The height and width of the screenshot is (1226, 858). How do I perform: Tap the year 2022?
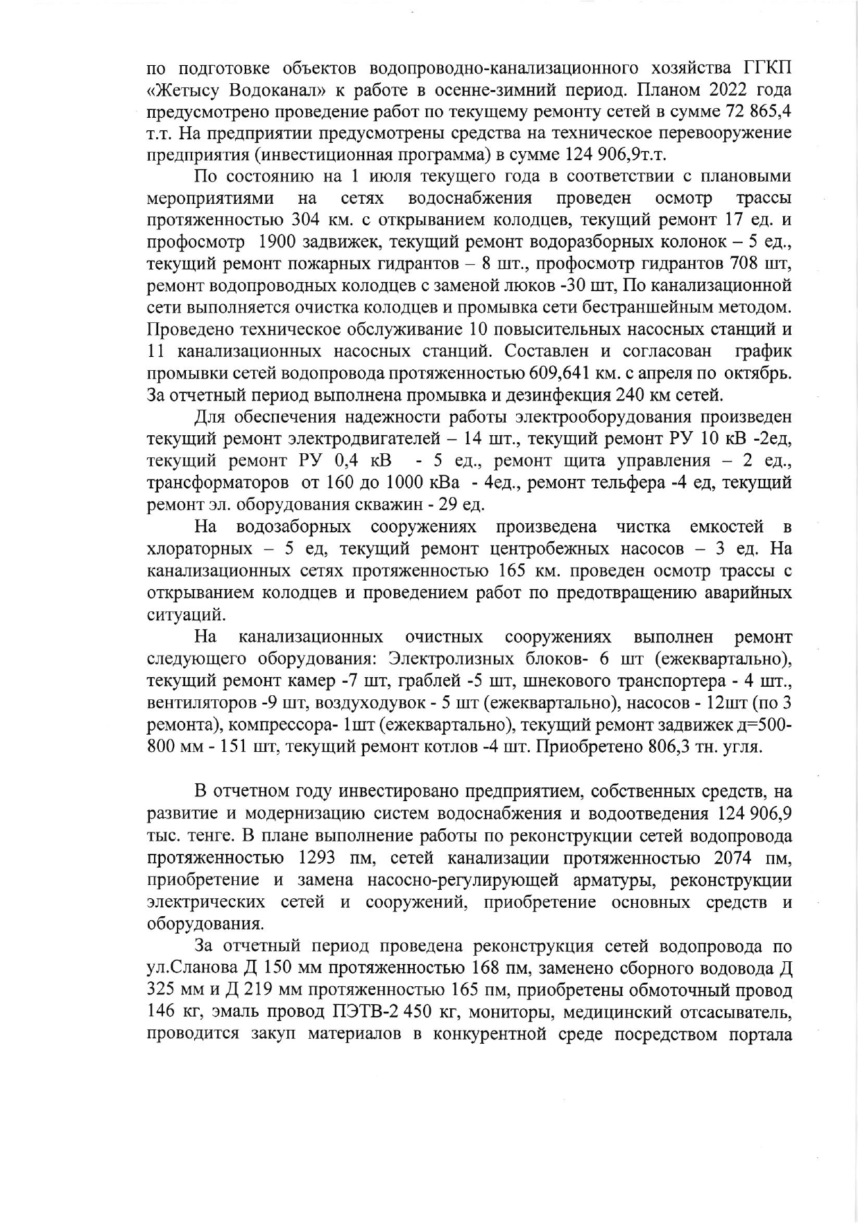click(x=737, y=91)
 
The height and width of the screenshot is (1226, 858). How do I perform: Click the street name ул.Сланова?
click(x=195, y=967)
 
